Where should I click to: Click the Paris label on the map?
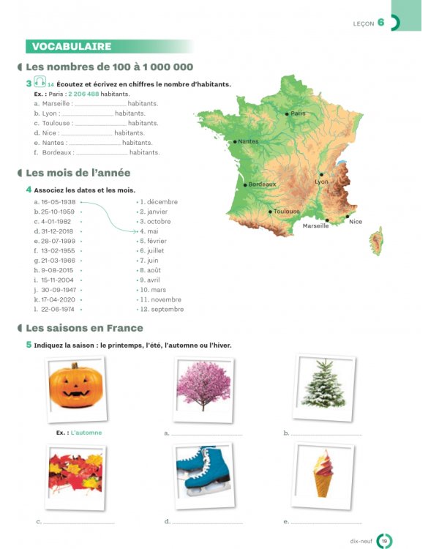coord(298,113)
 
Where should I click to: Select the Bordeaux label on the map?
coord(262,184)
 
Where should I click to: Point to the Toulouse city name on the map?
coord(287,212)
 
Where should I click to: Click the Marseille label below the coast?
coord(316,226)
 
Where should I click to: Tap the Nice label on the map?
coord(356,222)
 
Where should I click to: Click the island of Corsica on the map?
coord(376,241)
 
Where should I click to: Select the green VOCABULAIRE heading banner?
coord(70,47)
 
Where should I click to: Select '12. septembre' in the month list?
coord(162,309)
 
